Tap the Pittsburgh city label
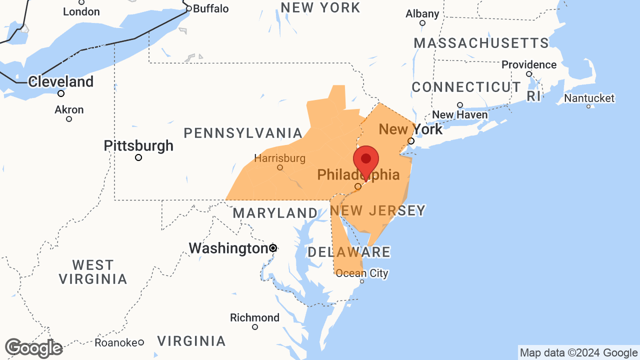click(x=138, y=146)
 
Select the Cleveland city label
click(x=61, y=81)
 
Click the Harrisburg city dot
click(x=280, y=167)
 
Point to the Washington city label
click(x=228, y=248)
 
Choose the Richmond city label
click(x=254, y=317)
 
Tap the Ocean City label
click(x=362, y=273)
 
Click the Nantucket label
click(x=589, y=98)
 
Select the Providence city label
click(x=529, y=64)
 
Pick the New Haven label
click(x=459, y=114)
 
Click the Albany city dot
click(x=422, y=23)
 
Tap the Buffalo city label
click(x=210, y=8)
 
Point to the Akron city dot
click(x=69, y=119)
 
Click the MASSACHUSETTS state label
click(x=481, y=43)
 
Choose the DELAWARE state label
click(x=348, y=252)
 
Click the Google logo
click(x=33, y=348)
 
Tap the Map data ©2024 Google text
click(x=578, y=353)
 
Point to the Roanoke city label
click(x=116, y=342)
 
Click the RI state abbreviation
click(x=533, y=96)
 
